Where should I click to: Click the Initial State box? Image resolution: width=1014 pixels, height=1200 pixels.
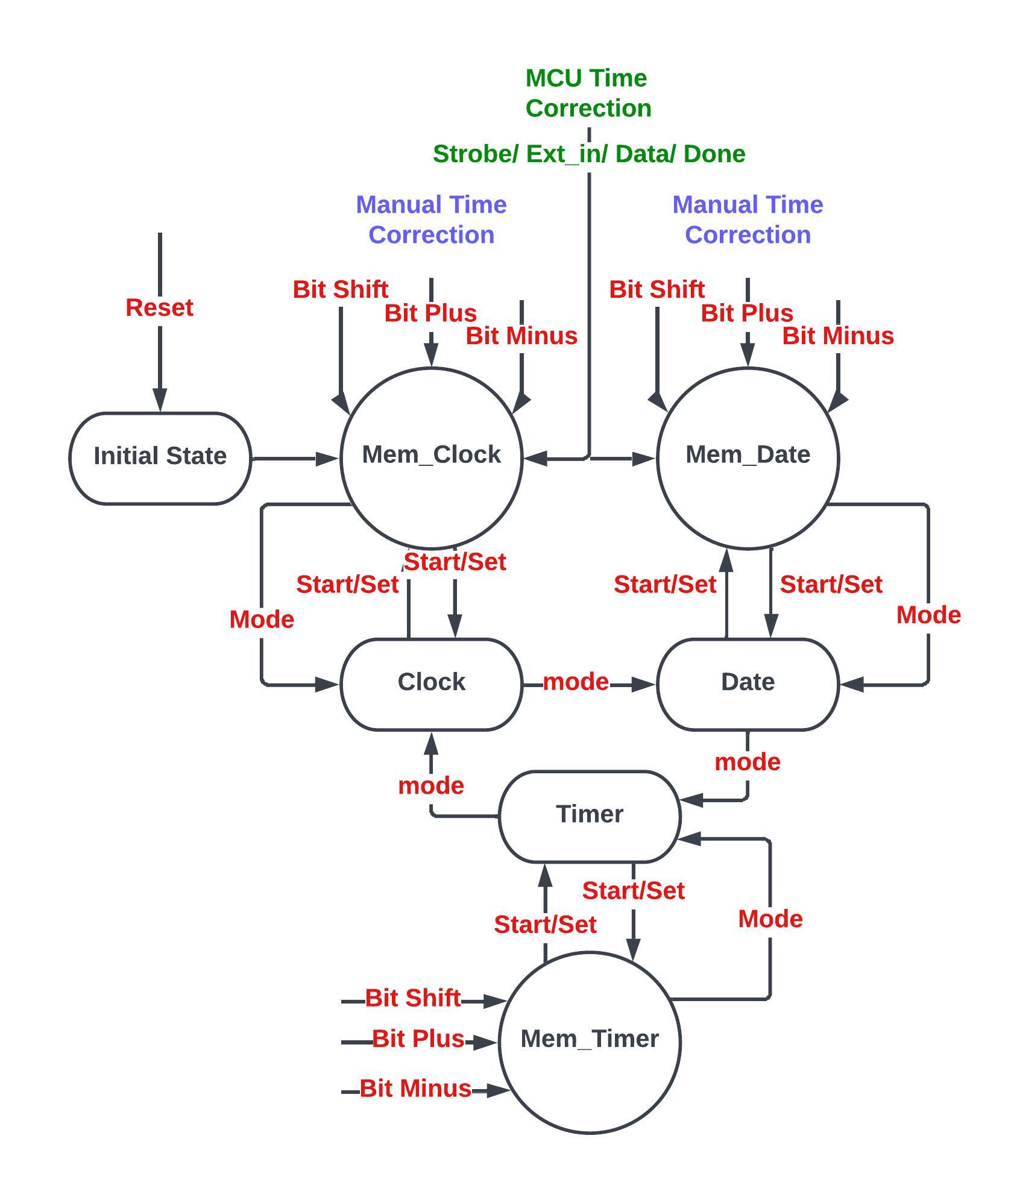[160, 457]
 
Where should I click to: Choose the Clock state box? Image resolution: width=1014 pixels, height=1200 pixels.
[431, 683]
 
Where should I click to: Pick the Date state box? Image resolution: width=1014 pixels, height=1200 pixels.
[748, 683]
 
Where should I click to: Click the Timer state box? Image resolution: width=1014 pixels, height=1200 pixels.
[589, 815]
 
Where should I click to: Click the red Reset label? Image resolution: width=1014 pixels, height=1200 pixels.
[159, 307]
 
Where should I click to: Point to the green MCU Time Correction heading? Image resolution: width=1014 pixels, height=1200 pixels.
[588, 93]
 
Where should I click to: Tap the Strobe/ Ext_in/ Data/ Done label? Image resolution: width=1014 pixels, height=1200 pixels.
[589, 154]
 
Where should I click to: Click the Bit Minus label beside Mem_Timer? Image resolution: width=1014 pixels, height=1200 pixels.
[415, 1088]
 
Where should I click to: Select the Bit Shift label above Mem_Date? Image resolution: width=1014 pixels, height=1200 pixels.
[657, 289]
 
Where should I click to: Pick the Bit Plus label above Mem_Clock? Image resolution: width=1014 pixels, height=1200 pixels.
[430, 313]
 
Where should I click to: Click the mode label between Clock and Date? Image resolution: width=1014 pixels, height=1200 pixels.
[576, 682]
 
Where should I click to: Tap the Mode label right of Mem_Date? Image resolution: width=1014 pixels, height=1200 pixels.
[928, 615]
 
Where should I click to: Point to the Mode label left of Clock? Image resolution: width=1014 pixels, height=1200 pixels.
[262, 620]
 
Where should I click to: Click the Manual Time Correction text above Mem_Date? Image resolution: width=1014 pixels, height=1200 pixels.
[748, 220]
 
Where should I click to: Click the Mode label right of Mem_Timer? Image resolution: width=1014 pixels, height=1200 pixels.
[770, 919]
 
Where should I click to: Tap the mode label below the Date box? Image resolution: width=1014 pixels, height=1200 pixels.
[748, 762]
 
